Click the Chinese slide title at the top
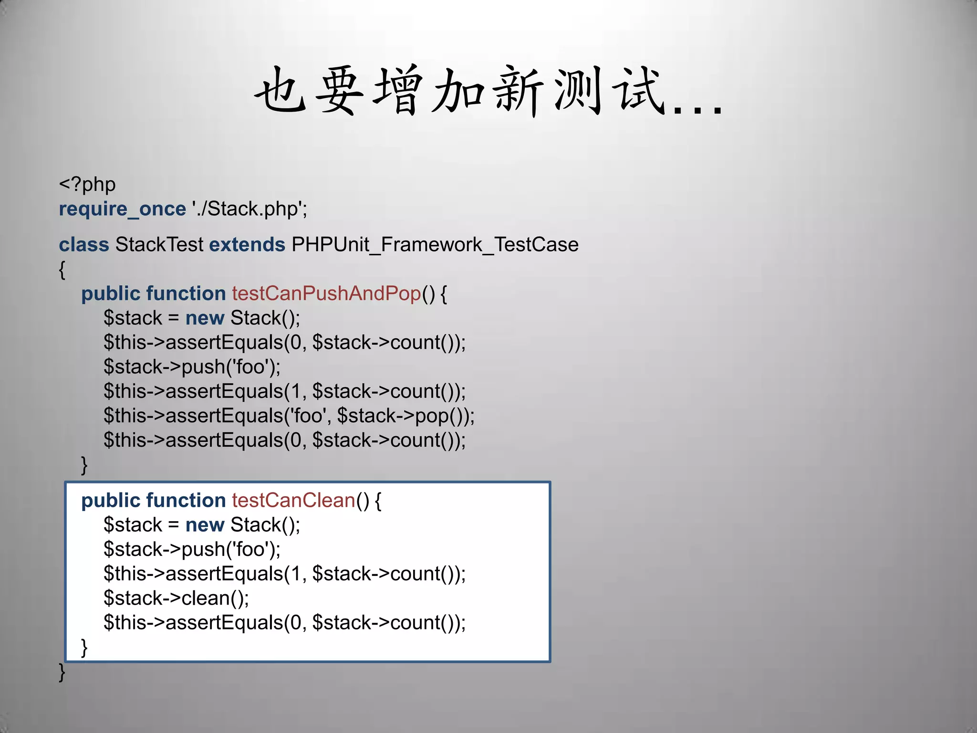pos(488,91)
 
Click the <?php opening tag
pos(87,185)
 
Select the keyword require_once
pos(122,209)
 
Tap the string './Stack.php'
pos(249,209)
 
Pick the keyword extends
pos(247,245)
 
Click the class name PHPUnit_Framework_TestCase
pos(435,245)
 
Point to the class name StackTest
pos(159,245)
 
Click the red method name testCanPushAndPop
pos(326,293)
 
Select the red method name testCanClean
pos(293,501)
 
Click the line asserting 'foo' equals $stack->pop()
pos(289,416)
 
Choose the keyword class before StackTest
pos(84,245)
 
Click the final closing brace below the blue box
pos(62,672)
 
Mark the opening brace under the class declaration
pos(62,270)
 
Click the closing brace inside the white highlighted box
pos(84,648)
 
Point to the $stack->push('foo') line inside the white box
pos(192,550)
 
